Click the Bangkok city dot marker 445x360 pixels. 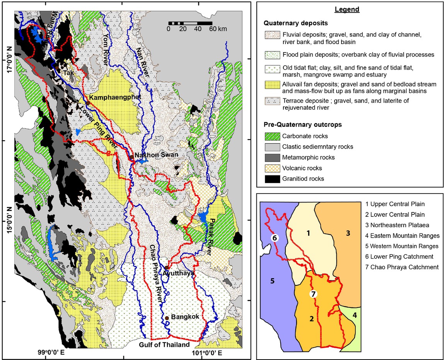pyautogui.click(x=167, y=318)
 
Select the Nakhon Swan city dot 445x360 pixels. pyautogui.click(x=131, y=157)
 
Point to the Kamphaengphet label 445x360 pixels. pyautogui.click(x=113, y=97)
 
